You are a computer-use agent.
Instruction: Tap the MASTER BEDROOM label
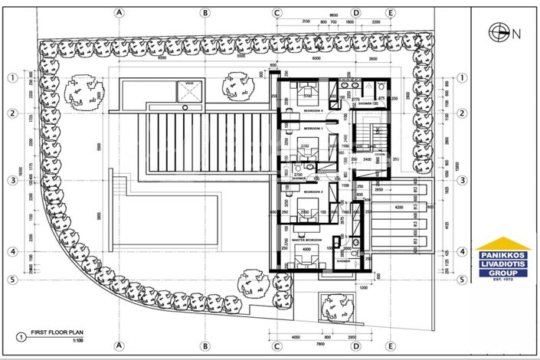[308, 240]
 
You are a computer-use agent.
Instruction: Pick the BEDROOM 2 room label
[313, 191]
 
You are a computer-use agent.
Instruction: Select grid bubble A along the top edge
[119, 13]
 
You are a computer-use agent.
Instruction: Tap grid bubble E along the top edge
[391, 13]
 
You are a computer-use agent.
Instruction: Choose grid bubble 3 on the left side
[12, 181]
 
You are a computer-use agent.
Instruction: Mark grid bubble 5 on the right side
[462, 280]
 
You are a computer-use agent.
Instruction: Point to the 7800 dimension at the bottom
[328, 344]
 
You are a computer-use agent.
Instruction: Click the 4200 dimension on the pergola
[398, 207]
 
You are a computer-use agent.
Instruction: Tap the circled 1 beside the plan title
[20, 335]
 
